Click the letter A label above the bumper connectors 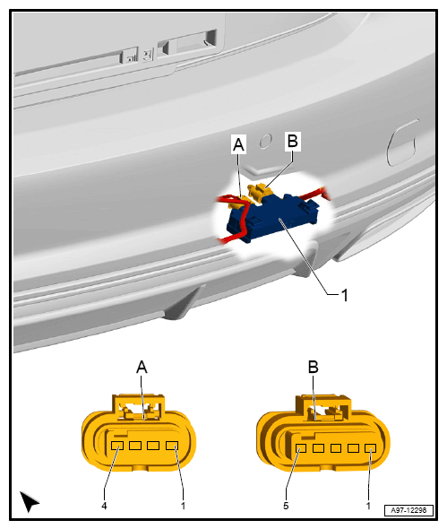238,144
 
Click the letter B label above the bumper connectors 293,141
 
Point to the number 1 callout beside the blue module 344,295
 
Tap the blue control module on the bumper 272,217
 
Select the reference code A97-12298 408,510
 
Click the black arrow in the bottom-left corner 29,501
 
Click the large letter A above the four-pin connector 142,367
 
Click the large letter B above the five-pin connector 314,367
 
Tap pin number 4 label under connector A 104,506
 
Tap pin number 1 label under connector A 183,506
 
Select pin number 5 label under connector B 286,506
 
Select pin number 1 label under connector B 368,506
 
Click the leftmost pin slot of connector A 117,446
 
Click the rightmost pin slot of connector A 172,446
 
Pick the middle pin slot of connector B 336,448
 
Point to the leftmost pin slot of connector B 301,448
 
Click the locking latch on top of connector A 139,407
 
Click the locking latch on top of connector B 323,408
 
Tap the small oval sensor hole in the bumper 265,141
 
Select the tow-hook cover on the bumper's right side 402,143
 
